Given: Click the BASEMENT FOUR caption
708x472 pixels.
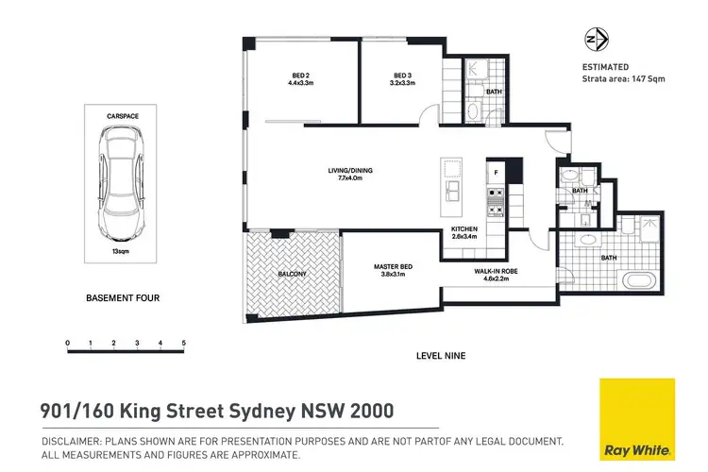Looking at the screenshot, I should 123,298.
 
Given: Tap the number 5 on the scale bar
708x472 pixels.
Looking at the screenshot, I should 184,343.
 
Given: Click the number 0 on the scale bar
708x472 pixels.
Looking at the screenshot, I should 67,343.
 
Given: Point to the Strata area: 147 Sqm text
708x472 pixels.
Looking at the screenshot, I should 623,78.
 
